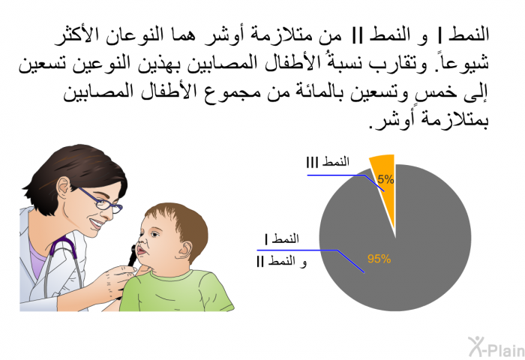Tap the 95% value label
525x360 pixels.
click(x=379, y=259)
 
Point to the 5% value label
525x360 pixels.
click(x=385, y=179)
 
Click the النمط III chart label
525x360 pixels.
click(x=328, y=162)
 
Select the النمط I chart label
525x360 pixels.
click(x=281, y=238)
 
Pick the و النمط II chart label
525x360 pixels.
click(x=281, y=261)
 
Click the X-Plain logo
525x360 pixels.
click(x=496, y=346)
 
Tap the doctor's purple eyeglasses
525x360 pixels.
click(x=100, y=201)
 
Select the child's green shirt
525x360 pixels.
click(x=176, y=291)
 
